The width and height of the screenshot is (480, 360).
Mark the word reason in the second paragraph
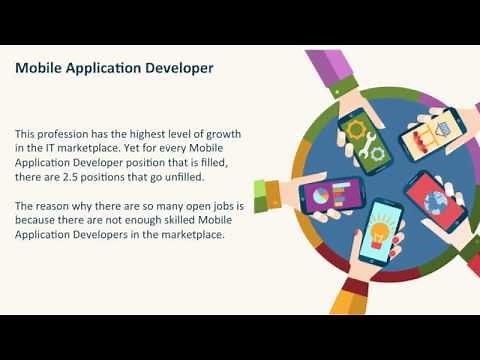click(60, 206)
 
